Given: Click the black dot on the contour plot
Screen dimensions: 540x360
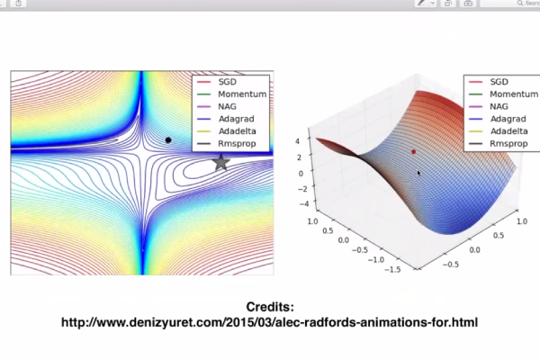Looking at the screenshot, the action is [168, 139].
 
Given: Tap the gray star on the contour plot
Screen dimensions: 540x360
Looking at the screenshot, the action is [220, 162].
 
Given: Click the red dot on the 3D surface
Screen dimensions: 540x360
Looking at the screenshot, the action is [414, 151].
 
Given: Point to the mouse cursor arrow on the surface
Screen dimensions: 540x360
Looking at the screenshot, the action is [418, 173].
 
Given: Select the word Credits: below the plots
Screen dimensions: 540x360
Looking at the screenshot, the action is [270, 307].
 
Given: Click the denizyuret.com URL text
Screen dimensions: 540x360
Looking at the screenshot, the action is [269, 322].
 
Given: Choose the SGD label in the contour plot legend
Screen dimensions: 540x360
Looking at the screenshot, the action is [228, 82].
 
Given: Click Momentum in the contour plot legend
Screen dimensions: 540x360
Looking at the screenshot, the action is [242, 94].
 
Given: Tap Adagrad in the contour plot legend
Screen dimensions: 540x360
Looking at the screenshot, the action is [236, 119].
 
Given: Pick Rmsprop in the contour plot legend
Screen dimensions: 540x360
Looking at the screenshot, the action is [237, 144].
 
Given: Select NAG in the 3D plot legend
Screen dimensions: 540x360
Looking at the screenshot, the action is [499, 106].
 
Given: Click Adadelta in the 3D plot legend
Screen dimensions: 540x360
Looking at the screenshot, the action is [509, 131].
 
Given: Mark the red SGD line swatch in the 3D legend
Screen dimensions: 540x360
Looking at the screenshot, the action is [475, 82].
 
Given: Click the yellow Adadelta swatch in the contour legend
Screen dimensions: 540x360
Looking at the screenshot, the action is [203, 131].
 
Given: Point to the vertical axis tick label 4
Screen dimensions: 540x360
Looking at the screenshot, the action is [298, 141].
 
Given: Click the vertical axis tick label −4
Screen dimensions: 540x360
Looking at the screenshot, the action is [304, 203].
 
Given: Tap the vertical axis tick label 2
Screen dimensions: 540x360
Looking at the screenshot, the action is [300, 157].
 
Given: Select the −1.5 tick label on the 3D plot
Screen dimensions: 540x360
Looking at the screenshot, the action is [393, 269].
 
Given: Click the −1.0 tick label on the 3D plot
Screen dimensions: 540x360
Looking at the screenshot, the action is [376, 259].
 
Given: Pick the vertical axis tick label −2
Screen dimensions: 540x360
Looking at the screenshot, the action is [302, 189].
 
